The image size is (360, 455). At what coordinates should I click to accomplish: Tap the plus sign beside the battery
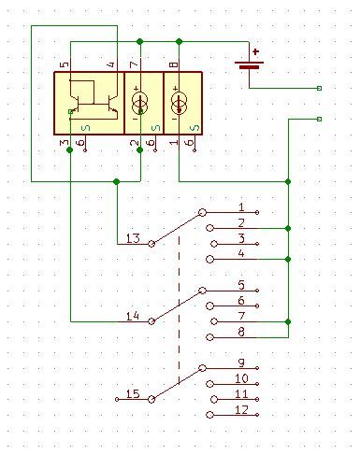click(254, 52)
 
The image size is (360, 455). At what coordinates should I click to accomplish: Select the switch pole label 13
click(132, 239)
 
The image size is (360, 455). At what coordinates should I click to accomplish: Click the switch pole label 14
click(132, 317)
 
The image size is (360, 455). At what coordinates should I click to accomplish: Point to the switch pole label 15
click(132, 394)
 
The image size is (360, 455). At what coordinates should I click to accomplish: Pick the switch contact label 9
click(241, 363)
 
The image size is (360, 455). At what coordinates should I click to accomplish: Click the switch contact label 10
click(241, 378)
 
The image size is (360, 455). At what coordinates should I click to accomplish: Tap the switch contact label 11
click(241, 394)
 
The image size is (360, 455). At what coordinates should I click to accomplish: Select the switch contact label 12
click(241, 410)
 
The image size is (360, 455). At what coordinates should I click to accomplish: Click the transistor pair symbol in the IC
click(92, 99)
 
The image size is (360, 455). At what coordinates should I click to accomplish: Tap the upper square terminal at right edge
click(320, 88)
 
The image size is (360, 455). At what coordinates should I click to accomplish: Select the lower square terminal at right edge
click(320, 119)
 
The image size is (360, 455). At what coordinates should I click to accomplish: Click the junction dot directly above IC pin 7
click(139, 41)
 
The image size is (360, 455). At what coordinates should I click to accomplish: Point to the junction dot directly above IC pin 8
click(179, 41)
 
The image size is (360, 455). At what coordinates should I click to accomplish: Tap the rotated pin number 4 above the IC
click(110, 64)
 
